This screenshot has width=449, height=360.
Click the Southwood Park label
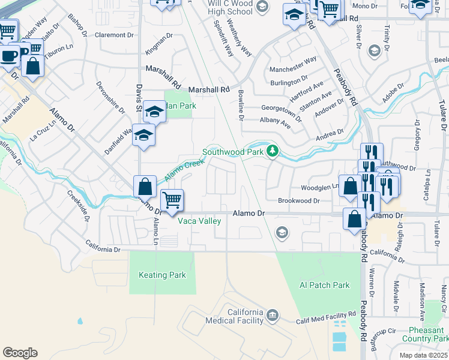233,152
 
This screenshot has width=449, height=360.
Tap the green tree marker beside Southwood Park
273,150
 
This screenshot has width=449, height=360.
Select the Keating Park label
162,275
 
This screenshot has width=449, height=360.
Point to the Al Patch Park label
325,285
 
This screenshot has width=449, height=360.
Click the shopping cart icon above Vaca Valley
172,200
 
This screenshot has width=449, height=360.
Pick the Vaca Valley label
200,221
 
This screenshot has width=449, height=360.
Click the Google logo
20,353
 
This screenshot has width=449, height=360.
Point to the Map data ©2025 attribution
424,355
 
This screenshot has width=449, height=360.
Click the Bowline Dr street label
241,105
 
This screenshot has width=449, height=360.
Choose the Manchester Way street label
293,61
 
